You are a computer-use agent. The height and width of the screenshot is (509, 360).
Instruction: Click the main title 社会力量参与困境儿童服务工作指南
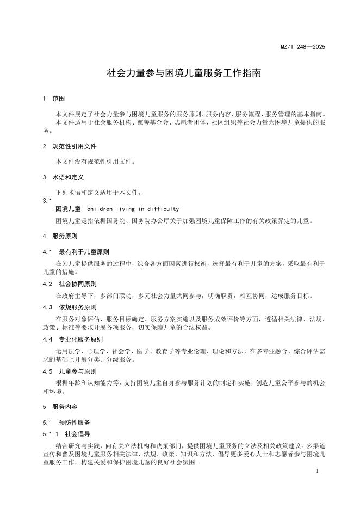click(184, 72)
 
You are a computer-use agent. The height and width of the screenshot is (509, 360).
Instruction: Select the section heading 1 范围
click(54, 99)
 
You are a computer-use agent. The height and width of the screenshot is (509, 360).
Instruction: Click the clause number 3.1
click(47, 201)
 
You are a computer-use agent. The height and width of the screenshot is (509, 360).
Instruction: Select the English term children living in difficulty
click(133, 209)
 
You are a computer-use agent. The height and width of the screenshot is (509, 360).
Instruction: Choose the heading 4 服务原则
click(60, 237)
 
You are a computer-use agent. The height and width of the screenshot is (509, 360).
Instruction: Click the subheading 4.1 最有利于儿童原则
click(76, 252)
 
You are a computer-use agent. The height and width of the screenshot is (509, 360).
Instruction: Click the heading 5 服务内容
click(60, 406)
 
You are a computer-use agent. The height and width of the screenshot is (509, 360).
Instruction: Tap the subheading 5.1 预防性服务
click(66, 422)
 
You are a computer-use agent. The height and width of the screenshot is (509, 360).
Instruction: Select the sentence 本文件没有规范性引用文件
click(95, 162)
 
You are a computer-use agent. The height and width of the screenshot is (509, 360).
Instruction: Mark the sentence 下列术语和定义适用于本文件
click(98, 193)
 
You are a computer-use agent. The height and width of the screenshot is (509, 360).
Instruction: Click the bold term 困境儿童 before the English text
click(68, 209)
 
